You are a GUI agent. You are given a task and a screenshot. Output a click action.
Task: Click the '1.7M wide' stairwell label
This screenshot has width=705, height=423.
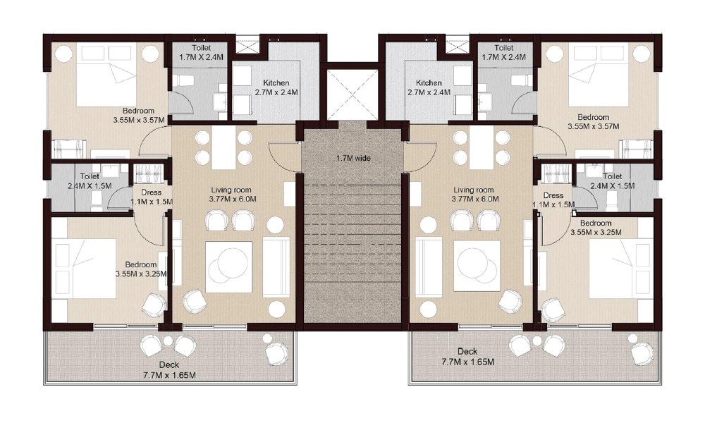click(x=353, y=158)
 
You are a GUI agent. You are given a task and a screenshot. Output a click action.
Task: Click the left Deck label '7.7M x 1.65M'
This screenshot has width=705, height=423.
click(x=168, y=370)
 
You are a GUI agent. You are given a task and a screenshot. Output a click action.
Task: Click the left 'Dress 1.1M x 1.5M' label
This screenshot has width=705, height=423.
click(x=152, y=197)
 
